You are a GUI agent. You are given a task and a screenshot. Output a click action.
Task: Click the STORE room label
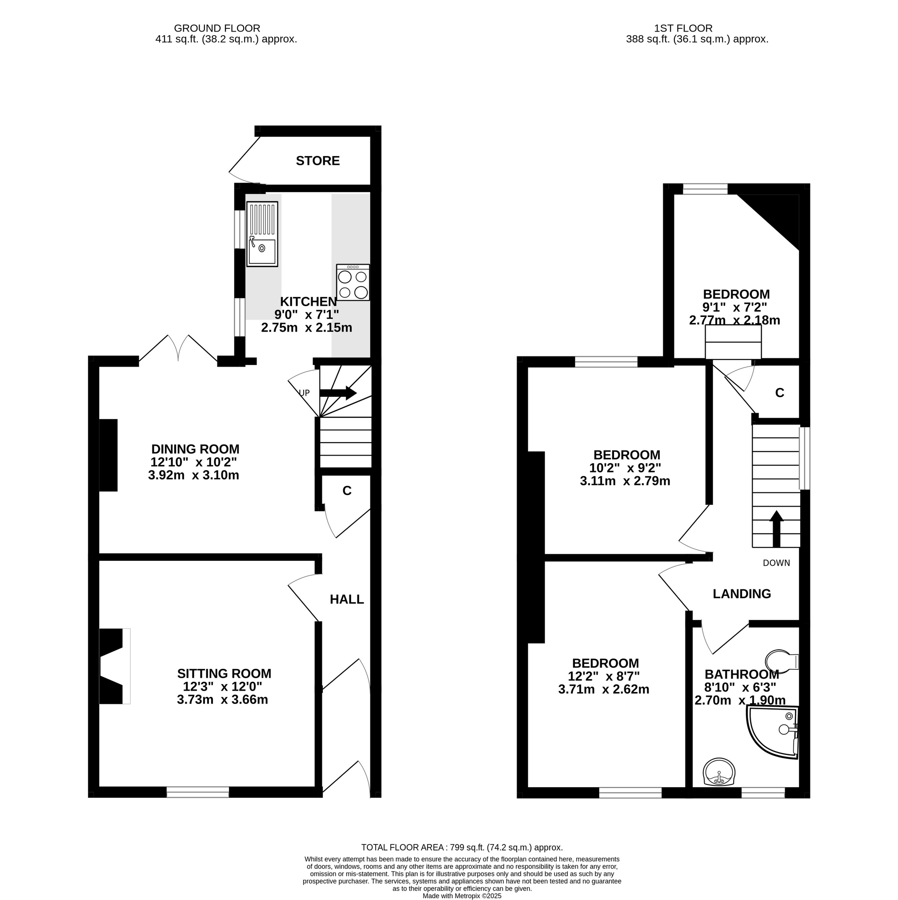318,161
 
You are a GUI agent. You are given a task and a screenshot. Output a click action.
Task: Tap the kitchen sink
262,234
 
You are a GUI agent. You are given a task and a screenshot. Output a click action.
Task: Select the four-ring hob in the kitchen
353,282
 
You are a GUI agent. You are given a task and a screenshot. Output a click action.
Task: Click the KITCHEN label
308,301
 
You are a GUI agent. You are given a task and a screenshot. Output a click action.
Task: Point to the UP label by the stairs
304,393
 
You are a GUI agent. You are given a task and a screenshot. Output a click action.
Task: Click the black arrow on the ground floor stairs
338,393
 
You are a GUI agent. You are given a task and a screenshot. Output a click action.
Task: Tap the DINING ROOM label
195,449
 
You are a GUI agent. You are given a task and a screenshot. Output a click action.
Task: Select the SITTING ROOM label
224,674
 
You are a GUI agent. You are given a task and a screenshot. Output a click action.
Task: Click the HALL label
347,600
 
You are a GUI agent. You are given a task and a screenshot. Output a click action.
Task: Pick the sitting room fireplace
115,666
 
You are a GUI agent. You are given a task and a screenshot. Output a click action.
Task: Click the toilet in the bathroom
782,661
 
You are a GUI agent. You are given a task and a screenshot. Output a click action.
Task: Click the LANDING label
742,594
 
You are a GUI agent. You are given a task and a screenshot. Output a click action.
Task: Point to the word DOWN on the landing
776,563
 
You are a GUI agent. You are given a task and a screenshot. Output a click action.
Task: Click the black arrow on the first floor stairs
776,529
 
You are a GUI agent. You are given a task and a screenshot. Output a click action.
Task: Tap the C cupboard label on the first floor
780,393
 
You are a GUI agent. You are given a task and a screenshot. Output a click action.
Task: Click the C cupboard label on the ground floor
347,491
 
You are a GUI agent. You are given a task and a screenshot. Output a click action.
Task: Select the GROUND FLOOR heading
217,28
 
